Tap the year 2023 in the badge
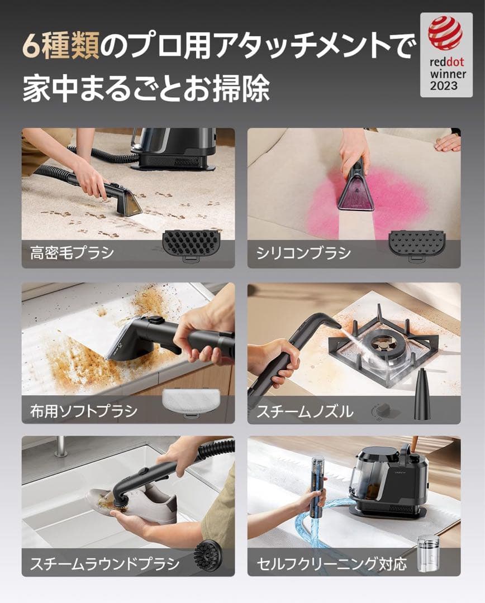click(444, 86)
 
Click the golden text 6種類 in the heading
click(61, 47)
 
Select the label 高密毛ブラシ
click(72, 252)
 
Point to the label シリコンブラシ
click(303, 253)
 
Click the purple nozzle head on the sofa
click(355, 193)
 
